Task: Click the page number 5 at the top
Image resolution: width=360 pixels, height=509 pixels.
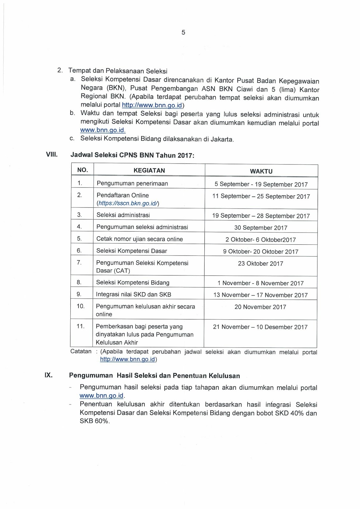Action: click(183, 32)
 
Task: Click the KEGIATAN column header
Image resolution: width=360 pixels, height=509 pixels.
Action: click(149, 171)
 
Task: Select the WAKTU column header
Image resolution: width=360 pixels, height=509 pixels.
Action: click(261, 171)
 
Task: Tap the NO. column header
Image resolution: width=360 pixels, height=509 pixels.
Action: click(82, 170)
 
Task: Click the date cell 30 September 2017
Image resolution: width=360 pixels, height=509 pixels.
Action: click(261, 228)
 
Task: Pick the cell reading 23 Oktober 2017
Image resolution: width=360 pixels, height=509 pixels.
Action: click(260, 263)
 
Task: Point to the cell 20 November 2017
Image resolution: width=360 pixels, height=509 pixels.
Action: click(260, 307)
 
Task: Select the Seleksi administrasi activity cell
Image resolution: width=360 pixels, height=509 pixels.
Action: click(123, 215)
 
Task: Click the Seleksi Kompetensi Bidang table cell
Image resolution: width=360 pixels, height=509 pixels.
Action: click(133, 282)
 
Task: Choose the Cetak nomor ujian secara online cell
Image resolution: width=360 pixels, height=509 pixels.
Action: click(139, 239)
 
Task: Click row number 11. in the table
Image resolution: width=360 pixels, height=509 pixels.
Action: click(81, 326)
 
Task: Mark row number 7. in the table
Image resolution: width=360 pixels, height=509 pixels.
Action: click(79, 262)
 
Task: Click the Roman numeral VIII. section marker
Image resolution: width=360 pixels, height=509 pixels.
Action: click(51, 155)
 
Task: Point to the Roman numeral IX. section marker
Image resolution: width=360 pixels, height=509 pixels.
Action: click(48, 375)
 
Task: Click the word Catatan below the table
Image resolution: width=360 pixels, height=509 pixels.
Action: click(81, 352)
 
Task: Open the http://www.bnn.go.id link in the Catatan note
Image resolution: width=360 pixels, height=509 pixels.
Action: click(127, 359)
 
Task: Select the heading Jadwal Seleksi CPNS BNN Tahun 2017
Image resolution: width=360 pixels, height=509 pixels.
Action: click(131, 156)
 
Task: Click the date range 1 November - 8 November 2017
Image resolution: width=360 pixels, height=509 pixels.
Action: click(260, 283)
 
